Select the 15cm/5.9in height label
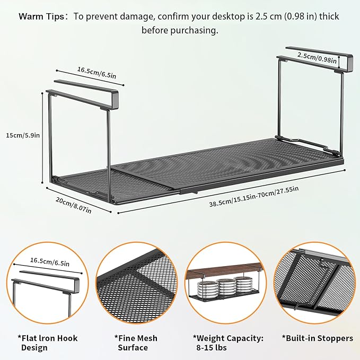coord(23,136)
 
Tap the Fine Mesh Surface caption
coord(136,343)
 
